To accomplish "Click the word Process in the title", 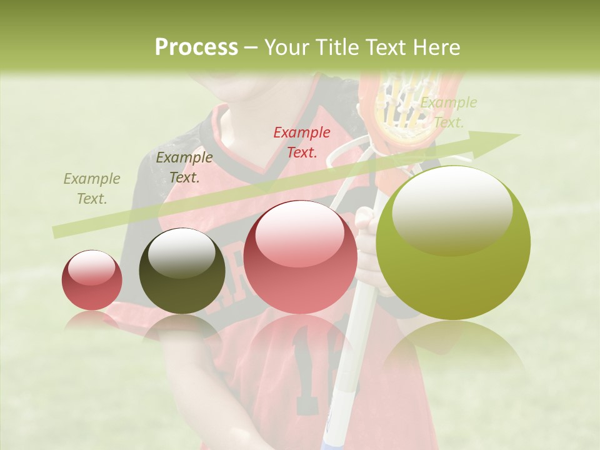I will tap(196, 47).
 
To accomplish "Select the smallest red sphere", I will tap(92, 280).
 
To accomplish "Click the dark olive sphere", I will tap(182, 271).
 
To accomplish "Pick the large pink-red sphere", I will tap(300, 257).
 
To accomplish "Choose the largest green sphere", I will tap(453, 244).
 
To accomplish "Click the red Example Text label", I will tap(302, 142).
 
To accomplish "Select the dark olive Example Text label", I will tap(184, 167).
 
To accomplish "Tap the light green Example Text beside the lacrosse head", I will tap(448, 112).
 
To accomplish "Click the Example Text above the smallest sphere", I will tap(92, 189).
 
